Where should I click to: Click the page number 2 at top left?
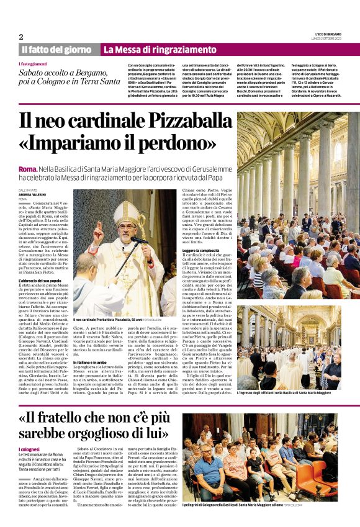[x=20, y=37]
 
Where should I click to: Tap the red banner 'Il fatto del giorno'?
[x=57, y=50]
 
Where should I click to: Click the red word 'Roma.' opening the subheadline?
[x=28, y=169]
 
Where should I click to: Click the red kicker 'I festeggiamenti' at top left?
[x=33, y=64]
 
